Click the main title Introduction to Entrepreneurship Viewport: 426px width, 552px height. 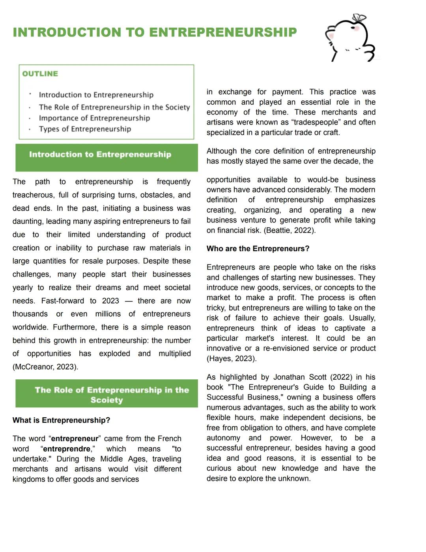155,32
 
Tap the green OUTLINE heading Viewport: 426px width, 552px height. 40,74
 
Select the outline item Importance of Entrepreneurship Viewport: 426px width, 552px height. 94,118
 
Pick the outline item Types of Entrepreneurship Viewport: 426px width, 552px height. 85,129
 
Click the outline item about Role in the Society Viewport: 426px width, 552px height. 114,107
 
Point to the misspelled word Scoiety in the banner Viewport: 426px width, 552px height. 106,400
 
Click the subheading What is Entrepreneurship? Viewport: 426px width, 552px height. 61,420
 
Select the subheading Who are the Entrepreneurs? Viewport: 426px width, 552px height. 258,249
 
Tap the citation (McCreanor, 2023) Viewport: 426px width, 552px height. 45,367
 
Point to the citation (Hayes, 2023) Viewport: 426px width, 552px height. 232,358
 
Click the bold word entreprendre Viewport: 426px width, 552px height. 67,449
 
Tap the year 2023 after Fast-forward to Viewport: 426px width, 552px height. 110,301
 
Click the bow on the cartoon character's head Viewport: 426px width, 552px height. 359,18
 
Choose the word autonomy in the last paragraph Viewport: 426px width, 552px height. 223,438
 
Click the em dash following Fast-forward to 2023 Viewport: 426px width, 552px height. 129,301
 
